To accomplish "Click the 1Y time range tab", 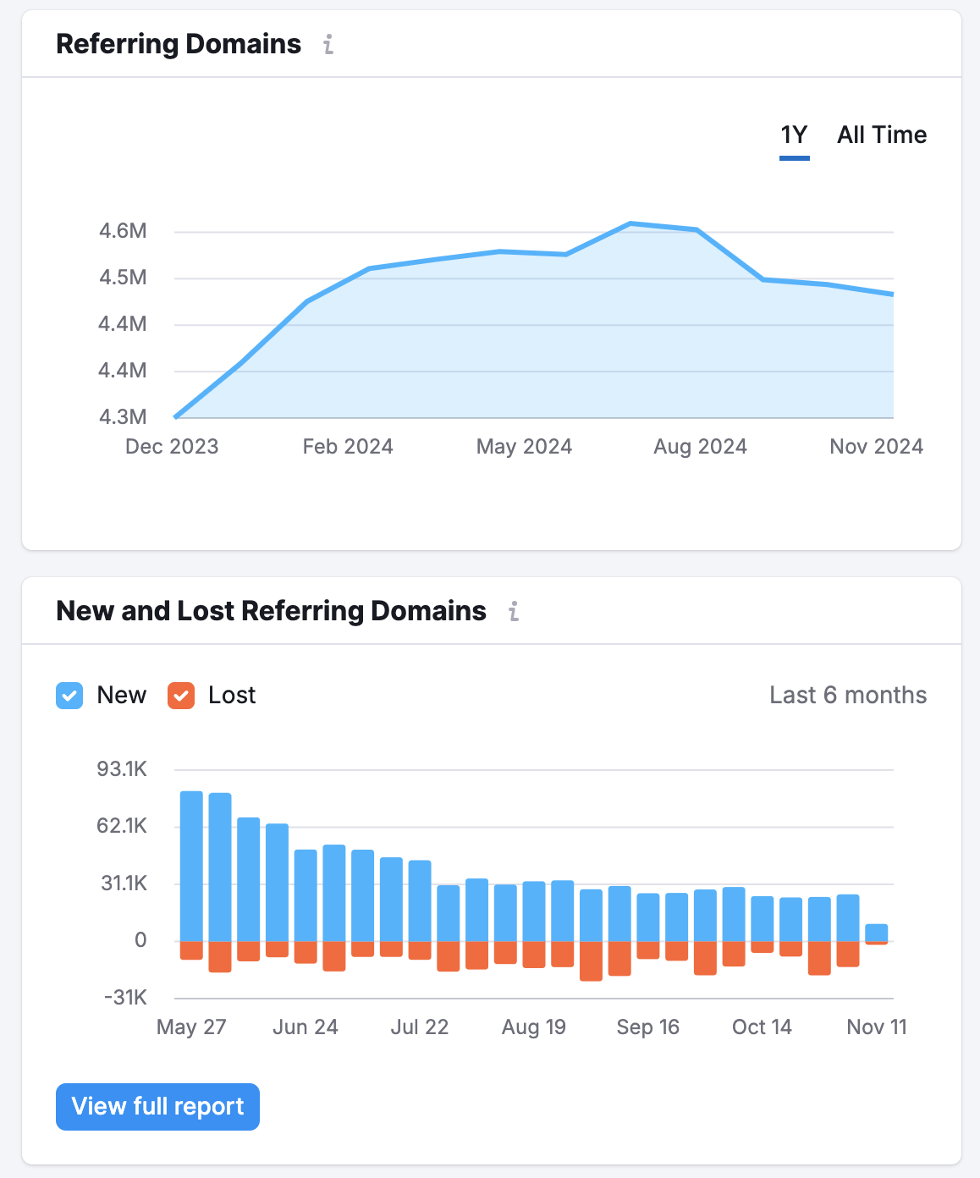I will click(794, 135).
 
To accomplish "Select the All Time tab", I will click(881, 135).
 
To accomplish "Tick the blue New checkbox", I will click(69, 696).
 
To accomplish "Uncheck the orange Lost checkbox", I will click(181, 696).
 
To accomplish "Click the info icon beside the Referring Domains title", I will click(328, 45).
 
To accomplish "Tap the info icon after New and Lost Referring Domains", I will click(514, 612).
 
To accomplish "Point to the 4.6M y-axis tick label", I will click(123, 231).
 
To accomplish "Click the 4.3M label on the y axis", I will click(123, 417).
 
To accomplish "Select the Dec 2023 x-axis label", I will click(172, 447).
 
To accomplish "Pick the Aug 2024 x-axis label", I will click(700, 447).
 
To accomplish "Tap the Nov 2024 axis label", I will click(876, 447).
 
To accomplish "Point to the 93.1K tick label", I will click(122, 769).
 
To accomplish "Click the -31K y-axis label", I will click(125, 998).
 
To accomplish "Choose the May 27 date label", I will click(191, 1027).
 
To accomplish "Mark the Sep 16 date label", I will click(647, 1027).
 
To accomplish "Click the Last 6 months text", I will click(848, 696).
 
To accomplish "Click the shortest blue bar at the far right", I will click(877, 933).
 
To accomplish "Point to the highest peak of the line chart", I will click(630, 223).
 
